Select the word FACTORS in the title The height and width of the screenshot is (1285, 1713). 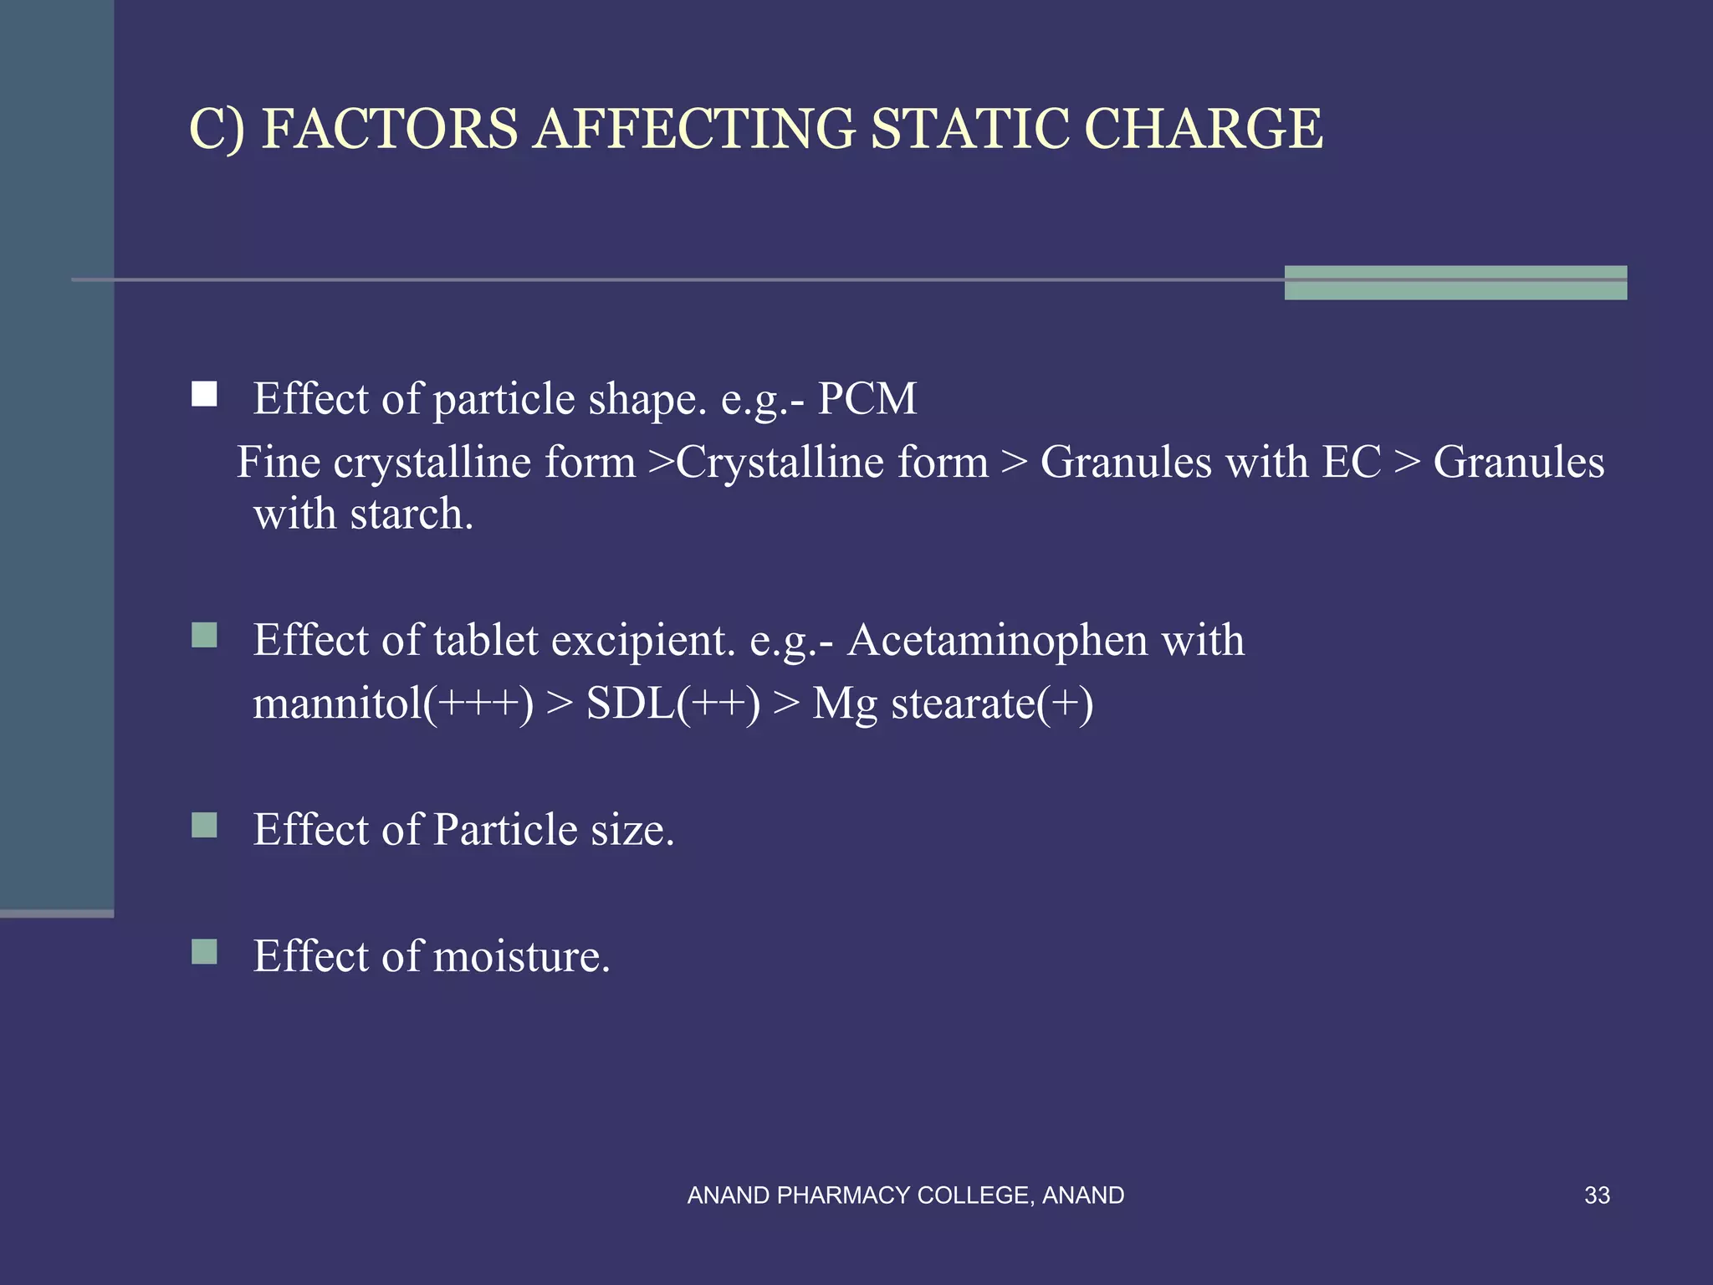[389, 130]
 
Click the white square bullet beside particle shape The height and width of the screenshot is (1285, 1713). [204, 394]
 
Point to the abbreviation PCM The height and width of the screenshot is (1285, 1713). [867, 398]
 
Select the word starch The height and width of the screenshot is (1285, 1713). [412, 514]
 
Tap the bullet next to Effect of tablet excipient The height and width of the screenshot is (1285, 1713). [204, 636]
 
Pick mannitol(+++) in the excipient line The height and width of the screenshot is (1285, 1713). [392, 704]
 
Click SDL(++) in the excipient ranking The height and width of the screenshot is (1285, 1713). [673, 704]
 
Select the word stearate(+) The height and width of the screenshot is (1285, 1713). [992, 704]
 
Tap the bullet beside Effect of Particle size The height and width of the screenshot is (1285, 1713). [204, 826]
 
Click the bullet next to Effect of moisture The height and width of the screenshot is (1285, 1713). [204, 952]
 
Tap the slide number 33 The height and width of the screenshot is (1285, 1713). [1597, 1195]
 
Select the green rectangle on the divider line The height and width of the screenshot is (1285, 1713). [1455, 283]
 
